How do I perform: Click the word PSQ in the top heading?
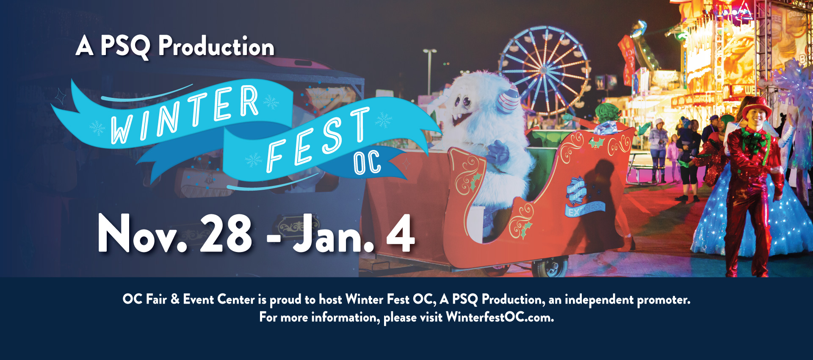point(125,46)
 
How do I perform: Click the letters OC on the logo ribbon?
point(367,162)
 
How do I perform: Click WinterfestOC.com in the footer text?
point(500,317)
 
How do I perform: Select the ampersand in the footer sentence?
point(175,299)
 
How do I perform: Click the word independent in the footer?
point(599,300)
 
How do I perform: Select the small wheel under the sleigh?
point(550,267)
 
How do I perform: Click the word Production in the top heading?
point(216,46)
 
